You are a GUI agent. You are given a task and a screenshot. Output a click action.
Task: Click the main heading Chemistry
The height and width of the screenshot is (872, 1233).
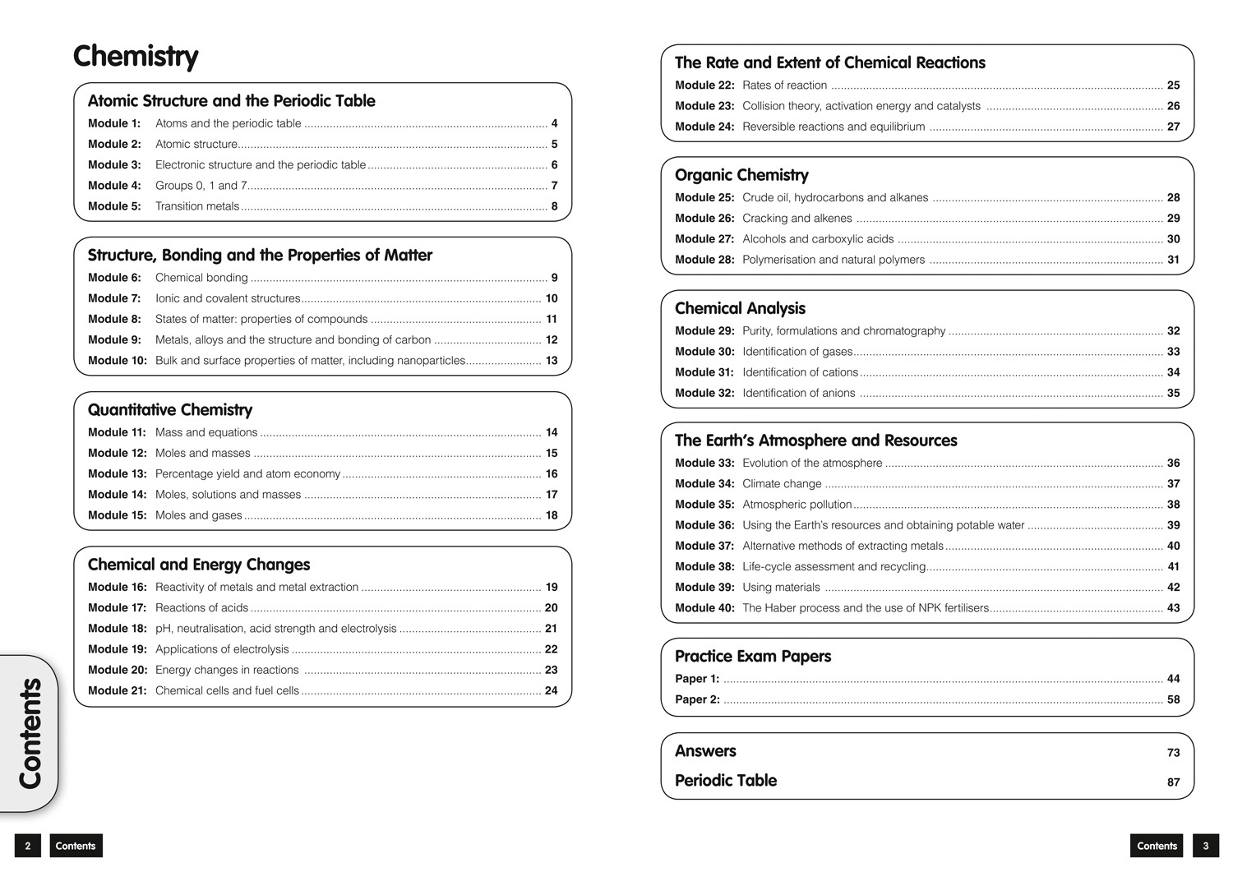[136, 57]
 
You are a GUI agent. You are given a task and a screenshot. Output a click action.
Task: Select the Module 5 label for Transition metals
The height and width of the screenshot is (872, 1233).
[114, 206]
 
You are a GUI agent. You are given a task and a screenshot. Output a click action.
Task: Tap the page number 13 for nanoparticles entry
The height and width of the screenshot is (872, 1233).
[551, 361]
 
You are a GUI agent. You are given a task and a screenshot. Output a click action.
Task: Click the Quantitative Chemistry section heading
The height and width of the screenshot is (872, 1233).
[170, 410]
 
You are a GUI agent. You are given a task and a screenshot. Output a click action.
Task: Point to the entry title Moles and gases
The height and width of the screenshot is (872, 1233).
[198, 515]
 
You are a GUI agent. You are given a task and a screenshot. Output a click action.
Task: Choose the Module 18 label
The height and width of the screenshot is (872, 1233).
[117, 629]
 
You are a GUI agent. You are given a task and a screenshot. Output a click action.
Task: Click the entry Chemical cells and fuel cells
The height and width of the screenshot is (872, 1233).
[227, 690]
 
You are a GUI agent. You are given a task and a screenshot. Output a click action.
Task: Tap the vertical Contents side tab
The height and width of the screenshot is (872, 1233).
[30, 733]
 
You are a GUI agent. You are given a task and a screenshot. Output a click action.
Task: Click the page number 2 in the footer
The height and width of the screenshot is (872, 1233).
[28, 846]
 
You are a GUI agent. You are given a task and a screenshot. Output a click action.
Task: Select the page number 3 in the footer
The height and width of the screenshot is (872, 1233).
[1206, 846]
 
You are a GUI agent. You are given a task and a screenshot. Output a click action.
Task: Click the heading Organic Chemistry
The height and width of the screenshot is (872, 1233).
[741, 175]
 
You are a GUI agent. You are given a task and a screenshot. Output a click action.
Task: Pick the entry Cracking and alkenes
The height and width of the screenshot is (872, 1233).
[797, 219]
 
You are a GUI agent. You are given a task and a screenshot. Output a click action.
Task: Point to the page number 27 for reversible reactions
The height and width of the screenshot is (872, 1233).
[1173, 127]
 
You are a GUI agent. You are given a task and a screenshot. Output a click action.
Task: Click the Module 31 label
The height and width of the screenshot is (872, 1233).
[704, 372]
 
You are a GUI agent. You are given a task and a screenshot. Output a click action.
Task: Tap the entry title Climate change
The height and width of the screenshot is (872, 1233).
[782, 484]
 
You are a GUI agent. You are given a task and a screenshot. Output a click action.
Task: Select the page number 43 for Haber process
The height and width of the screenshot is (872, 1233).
[1173, 608]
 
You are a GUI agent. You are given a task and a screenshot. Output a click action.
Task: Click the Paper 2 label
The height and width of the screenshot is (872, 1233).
[697, 699]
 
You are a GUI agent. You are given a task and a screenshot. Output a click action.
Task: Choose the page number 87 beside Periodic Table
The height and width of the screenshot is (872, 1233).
[1173, 782]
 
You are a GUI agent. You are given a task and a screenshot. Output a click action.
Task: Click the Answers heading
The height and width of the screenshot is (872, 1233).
[705, 751]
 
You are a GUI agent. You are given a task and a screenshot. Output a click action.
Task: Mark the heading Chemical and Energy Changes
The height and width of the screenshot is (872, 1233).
[199, 565]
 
